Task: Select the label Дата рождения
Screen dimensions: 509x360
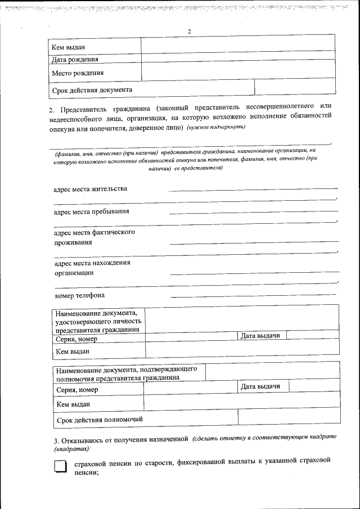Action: tap(75, 59)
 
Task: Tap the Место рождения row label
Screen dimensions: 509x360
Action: tap(78, 73)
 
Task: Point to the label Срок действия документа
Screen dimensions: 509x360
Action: tap(92, 89)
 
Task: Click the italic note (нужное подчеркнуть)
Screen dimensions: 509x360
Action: tap(217, 128)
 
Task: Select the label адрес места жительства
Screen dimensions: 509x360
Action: tap(90, 188)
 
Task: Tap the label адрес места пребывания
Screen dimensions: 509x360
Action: tap(91, 211)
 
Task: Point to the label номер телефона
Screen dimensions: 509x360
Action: tap(79, 295)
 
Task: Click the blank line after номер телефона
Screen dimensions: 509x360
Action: tap(253, 295)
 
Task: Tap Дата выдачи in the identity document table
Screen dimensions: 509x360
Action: tap(260, 335)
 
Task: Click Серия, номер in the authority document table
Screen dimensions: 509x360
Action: tap(76, 390)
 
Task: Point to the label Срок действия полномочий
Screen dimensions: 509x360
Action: tap(99, 419)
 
